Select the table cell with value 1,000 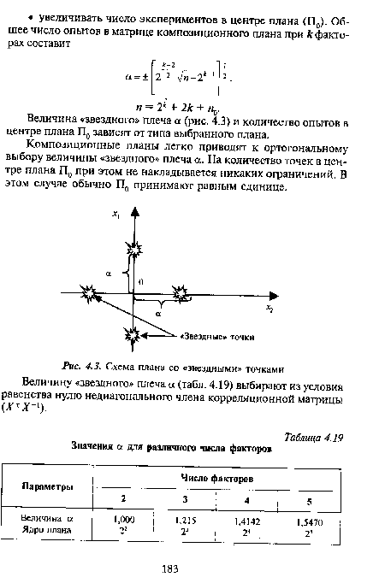coord(126,518)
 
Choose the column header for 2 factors coord(126,498)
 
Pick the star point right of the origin coord(182,292)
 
